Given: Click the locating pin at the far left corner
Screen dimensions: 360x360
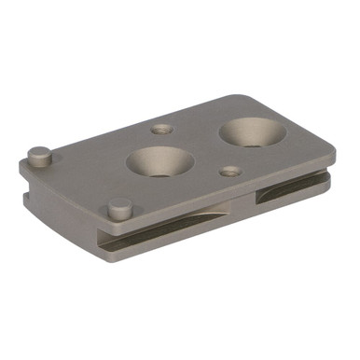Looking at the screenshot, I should click(x=38, y=156).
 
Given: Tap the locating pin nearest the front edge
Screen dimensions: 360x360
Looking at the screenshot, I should click(x=119, y=208).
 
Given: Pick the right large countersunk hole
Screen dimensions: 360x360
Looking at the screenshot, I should click(x=253, y=132).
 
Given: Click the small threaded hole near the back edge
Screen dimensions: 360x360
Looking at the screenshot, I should click(x=162, y=130).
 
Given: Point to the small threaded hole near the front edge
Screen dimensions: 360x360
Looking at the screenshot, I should click(x=230, y=171).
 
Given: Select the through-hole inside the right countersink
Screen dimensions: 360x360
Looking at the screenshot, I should click(x=252, y=137).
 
